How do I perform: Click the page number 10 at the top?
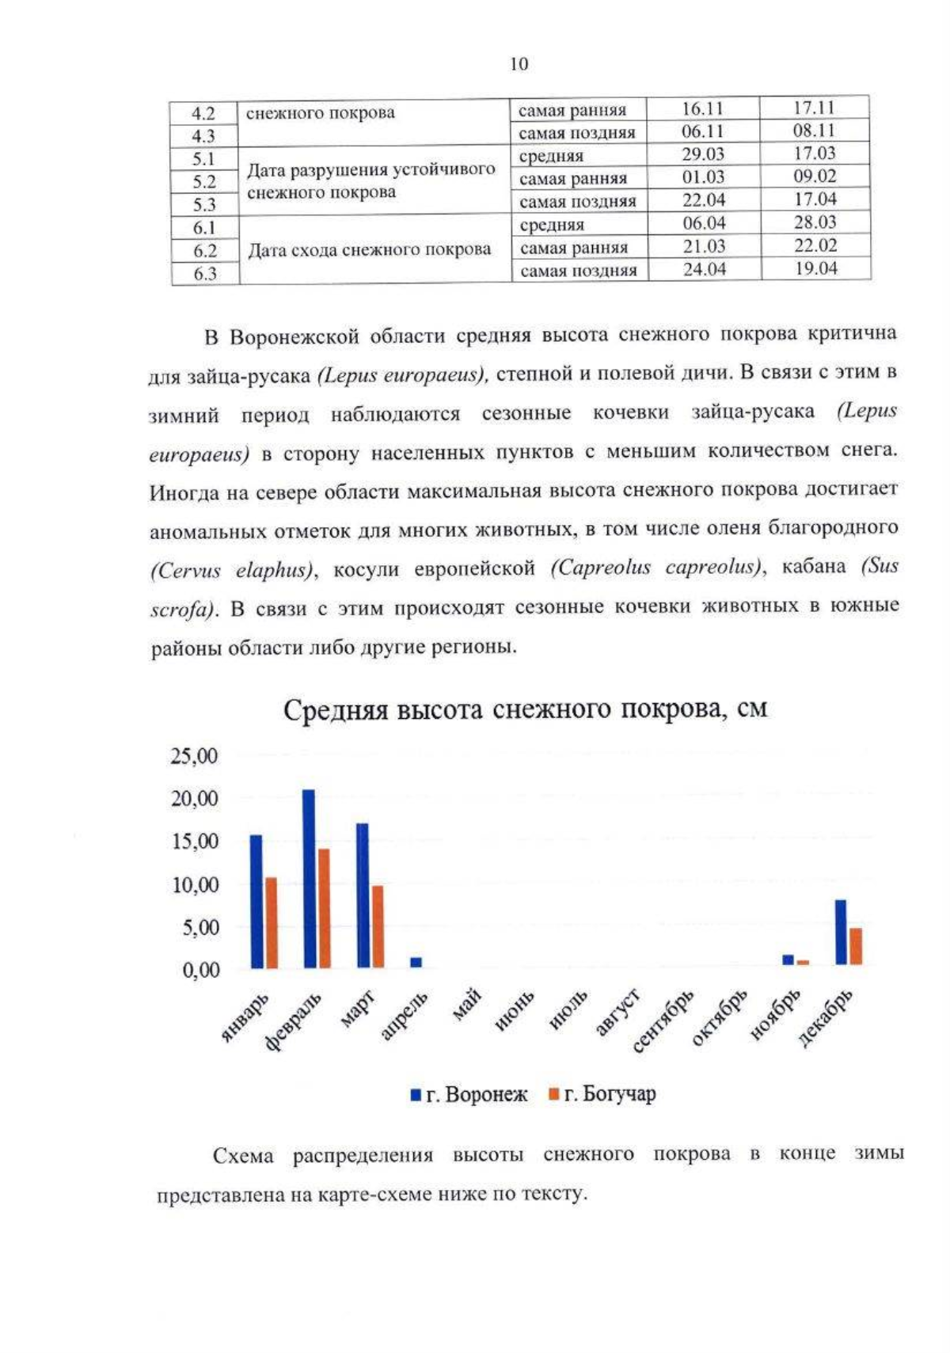519,64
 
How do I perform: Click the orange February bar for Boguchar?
324,907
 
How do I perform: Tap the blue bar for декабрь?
840,932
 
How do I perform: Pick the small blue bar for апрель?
416,962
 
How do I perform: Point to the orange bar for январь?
272,922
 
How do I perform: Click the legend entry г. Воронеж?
469,1094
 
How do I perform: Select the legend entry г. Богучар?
602,1094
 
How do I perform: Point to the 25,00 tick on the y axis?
194,756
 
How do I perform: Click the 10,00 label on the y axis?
194,884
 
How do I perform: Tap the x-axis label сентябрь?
665,1021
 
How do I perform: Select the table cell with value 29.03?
703,154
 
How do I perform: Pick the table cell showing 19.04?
815,268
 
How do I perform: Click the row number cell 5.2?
204,181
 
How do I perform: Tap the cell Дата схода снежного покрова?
370,250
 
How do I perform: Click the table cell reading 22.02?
815,245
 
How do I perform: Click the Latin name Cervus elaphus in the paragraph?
233,570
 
